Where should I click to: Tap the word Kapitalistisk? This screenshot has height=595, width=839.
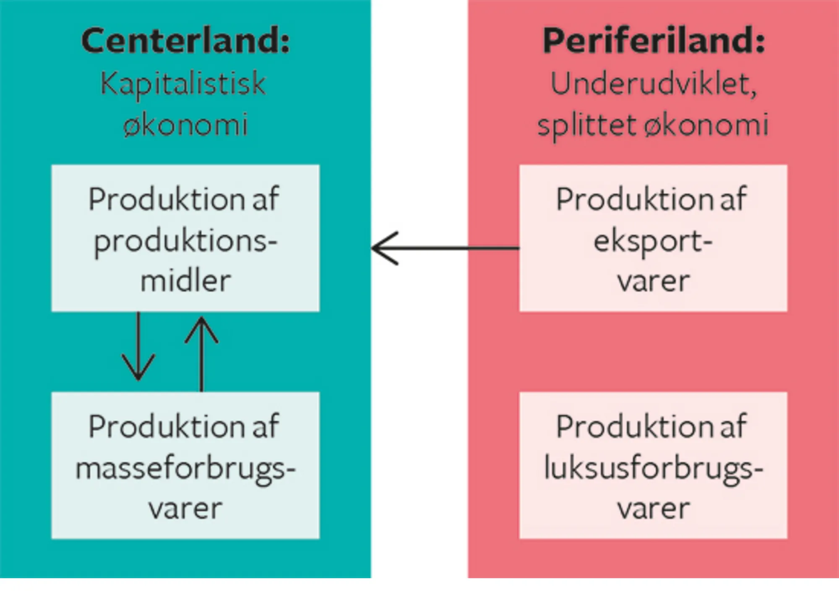pyautogui.click(x=183, y=84)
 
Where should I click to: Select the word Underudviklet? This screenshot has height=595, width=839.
pyautogui.click(x=653, y=84)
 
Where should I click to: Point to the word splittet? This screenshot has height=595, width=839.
pyautogui.click(x=586, y=125)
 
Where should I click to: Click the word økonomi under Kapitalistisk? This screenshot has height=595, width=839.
pyautogui.click(x=185, y=125)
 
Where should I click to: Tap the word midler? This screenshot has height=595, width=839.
pyautogui.click(x=185, y=281)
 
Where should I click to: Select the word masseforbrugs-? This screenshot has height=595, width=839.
pyautogui.click(x=185, y=469)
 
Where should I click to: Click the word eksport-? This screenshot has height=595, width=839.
pyautogui.click(x=653, y=242)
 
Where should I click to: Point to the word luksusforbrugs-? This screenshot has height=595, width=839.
pyautogui.click(x=653, y=469)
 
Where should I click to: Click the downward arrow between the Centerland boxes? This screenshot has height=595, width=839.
pyautogui.click(x=138, y=348)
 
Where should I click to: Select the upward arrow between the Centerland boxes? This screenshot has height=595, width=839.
pyautogui.click(x=201, y=352)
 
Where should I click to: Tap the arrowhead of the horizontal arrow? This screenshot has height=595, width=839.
pyautogui.click(x=382, y=248)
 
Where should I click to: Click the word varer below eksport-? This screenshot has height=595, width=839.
pyautogui.click(x=653, y=281)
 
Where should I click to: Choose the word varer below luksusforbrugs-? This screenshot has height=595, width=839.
pyautogui.click(x=653, y=509)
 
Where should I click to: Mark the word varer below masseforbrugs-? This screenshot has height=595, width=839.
pyautogui.click(x=185, y=509)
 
